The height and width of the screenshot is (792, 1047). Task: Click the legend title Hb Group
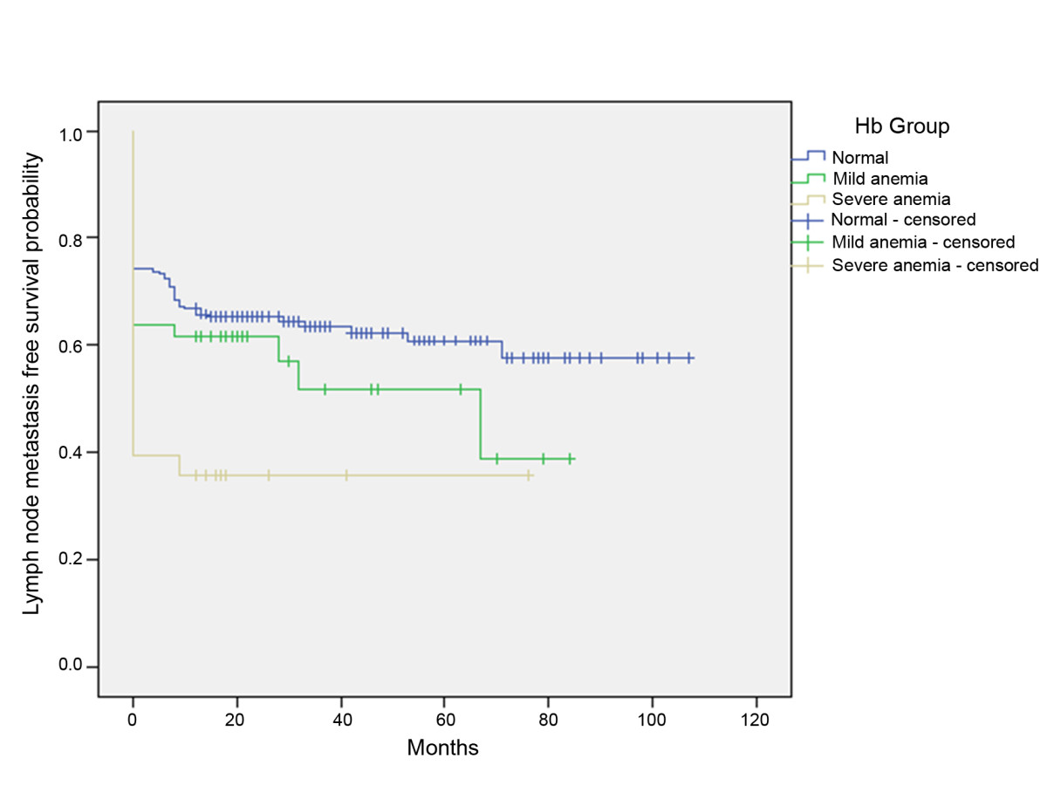click(902, 126)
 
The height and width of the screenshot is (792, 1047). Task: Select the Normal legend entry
click(859, 158)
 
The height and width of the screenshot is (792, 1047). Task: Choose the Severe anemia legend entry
click(879, 199)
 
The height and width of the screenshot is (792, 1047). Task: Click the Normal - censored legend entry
click(903, 219)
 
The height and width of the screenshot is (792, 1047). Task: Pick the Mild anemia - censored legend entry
click(923, 242)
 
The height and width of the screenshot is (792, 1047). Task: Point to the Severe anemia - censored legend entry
click(934, 264)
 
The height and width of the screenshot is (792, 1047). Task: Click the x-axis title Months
click(442, 748)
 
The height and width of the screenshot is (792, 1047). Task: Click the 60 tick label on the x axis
click(444, 721)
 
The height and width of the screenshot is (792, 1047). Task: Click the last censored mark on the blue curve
click(689, 358)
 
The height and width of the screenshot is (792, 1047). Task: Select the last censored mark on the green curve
click(570, 458)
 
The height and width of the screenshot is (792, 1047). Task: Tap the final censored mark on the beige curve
click(528, 475)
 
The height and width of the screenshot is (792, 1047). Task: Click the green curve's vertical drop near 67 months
click(481, 423)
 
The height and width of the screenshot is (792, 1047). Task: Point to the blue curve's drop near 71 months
click(502, 349)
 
